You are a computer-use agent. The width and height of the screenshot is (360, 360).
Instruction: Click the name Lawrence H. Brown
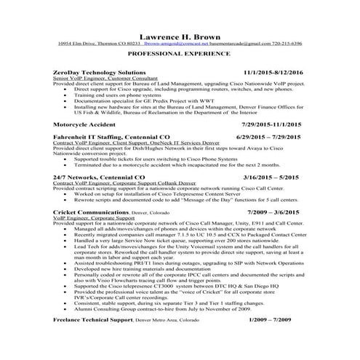click(180, 35)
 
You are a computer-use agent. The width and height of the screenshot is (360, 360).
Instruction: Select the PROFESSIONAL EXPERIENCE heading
click(180, 55)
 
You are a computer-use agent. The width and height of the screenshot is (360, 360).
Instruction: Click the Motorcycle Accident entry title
click(87, 125)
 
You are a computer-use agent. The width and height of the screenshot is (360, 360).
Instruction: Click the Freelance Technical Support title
click(95, 340)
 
